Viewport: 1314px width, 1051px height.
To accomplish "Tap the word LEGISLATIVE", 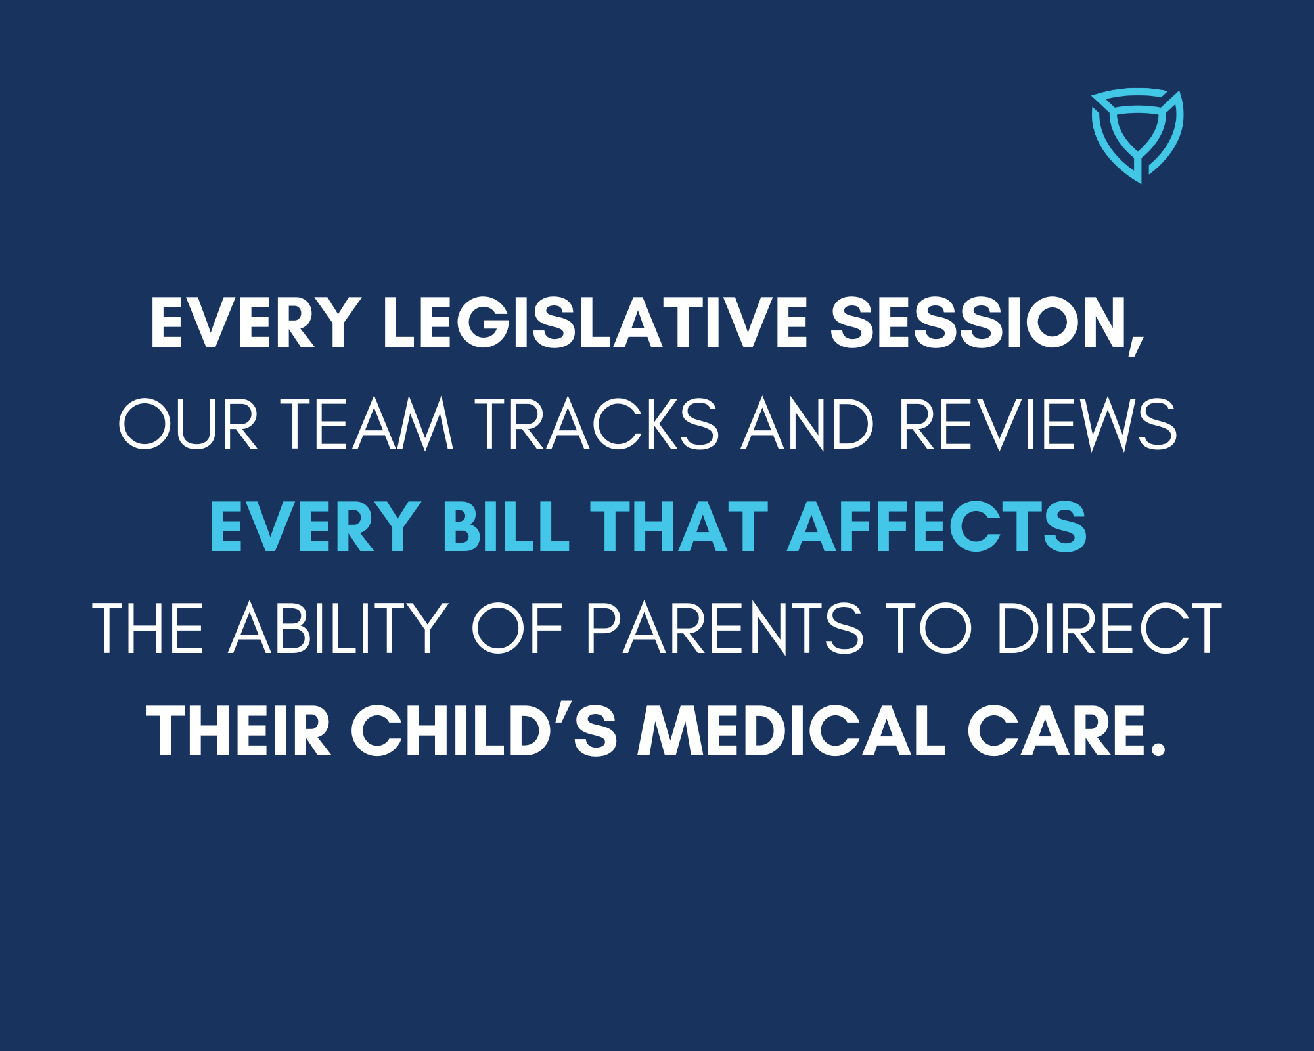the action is click(x=595, y=323).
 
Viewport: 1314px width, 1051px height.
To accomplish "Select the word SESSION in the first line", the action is click(x=977, y=323).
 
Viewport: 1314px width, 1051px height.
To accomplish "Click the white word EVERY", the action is click(x=256, y=323).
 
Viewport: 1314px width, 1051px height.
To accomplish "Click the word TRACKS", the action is click(x=597, y=424).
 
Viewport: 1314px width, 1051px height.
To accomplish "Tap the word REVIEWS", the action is click(x=1037, y=424).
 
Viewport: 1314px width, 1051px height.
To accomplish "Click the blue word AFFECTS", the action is click(x=937, y=526).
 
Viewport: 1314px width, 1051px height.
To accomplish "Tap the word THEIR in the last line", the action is click(x=238, y=730).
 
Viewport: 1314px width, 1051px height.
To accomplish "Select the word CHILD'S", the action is click(x=484, y=730).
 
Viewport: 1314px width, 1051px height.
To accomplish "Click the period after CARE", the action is click(x=1158, y=749).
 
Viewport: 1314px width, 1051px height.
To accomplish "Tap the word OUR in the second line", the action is click(x=188, y=424).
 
